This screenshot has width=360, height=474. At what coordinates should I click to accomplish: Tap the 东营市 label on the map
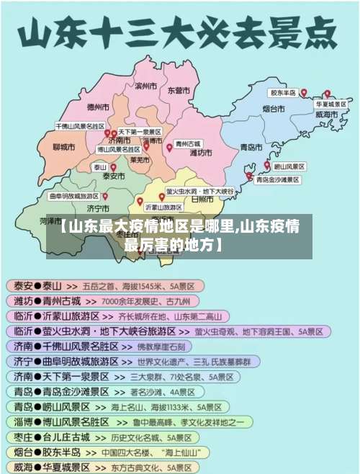(179, 91)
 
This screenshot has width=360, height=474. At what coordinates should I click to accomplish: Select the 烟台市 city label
(274, 109)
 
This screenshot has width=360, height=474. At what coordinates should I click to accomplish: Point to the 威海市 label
(326, 115)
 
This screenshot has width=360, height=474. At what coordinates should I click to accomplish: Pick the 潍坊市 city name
(200, 153)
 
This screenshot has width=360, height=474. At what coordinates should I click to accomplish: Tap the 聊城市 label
(64, 147)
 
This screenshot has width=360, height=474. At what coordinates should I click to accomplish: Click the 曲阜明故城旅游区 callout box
(73, 195)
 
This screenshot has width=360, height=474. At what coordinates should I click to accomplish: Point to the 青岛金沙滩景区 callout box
(278, 179)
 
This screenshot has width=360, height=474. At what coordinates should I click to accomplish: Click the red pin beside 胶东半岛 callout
(303, 93)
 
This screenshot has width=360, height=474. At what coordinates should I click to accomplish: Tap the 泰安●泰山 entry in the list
(37, 285)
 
